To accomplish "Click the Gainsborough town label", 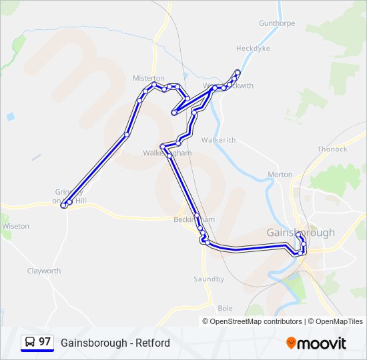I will (300, 233).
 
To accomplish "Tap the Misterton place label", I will (148, 78).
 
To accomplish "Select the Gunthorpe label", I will (277, 23).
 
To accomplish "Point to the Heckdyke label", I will (253, 48).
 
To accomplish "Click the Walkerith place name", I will (219, 140).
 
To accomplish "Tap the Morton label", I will (280, 175).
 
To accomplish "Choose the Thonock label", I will (332, 149).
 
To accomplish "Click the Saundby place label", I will (209, 279).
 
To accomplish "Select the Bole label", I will (225, 308).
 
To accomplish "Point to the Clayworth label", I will (44, 271).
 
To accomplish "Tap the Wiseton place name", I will (15, 227).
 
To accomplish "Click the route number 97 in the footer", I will (45, 342).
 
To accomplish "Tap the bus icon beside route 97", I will (30, 343).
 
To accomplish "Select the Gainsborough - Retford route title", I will (115, 343).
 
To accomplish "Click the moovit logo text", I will (322, 343).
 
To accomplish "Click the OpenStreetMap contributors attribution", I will (256, 321).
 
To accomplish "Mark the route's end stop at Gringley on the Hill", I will (63, 206).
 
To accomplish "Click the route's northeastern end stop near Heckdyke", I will (238, 72).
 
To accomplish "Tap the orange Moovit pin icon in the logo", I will (291, 343).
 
